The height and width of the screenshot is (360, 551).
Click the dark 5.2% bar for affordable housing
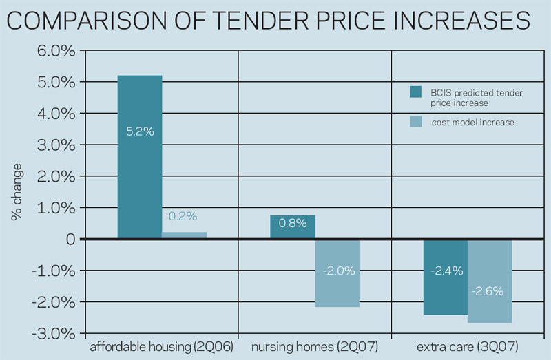[x=140, y=157]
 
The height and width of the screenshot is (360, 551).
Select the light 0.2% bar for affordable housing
[x=184, y=235]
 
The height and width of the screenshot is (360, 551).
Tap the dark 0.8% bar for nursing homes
[x=293, y=227]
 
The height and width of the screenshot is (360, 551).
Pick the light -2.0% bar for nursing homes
[x=337, y=273]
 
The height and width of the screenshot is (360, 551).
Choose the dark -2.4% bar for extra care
[x=446, y=277]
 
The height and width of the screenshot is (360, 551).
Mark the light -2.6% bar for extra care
[x=490, y=282]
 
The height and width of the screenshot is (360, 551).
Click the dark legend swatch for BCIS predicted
[x=416, y=92]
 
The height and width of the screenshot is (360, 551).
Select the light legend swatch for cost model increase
[x=416, y=121]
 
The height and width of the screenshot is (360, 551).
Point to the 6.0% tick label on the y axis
[x=56, y=51]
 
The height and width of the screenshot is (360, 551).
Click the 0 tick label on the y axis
[x=71, y=240]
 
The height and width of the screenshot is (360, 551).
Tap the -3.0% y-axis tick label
[x=54, y=334]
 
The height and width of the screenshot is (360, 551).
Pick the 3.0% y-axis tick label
[x=56, y=145]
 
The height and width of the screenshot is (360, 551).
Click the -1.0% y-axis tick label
[x=54, y=271]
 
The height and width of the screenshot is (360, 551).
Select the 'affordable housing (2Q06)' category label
[x=162, y=347]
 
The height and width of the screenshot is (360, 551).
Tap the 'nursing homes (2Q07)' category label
[x=315, y=347]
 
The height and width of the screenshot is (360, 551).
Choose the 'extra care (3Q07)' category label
[x=468, y=347]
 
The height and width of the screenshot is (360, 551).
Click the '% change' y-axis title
[x=17, y=192]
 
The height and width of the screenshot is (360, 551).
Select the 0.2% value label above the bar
[x=183, y=216]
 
